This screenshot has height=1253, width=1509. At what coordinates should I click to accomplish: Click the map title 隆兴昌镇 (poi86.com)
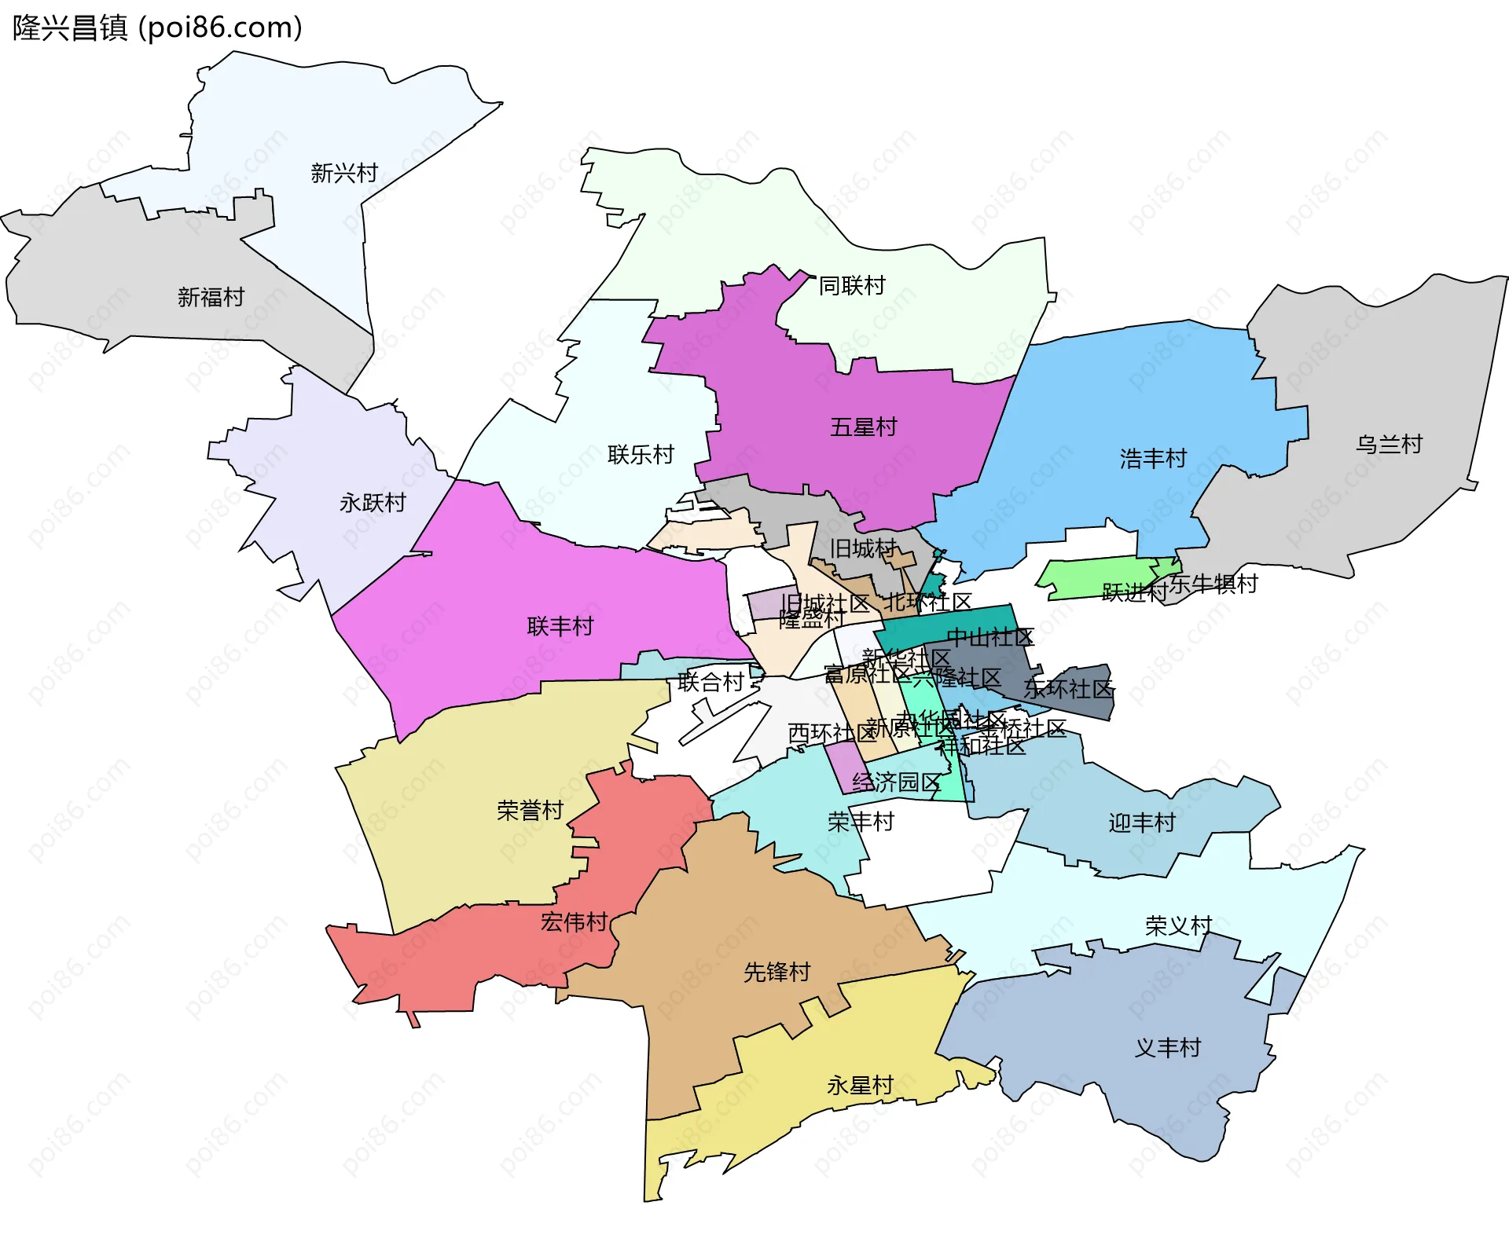pos(157,28)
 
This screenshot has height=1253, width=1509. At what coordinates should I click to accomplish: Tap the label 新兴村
pos(344,173)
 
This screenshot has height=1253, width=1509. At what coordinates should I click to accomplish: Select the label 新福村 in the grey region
pos(211,297)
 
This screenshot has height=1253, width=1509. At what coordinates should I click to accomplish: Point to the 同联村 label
pos(852,285)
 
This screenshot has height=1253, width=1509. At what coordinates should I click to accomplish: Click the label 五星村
pos(863,427)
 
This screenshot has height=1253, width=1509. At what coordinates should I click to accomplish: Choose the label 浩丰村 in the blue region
pos(1153,459)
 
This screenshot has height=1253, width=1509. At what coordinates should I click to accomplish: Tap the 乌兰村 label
pos(1389,445)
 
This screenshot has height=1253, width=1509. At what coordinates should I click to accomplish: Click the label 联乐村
pos(641,455)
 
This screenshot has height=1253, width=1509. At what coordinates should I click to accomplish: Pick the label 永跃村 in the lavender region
pos(373,503)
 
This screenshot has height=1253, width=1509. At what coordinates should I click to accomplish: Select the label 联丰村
pos(560,627)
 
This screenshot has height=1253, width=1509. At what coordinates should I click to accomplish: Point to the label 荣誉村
pos(530,811)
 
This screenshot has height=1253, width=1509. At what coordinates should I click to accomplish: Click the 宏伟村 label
pos(574,922)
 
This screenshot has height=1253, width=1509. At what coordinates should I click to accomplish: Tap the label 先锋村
pos(777,973)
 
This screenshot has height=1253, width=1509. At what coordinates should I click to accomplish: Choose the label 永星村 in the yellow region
pos(860,1086)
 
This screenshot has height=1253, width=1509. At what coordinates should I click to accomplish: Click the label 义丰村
pos(1167,1048)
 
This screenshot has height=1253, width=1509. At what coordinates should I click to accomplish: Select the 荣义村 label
pos(1178,926)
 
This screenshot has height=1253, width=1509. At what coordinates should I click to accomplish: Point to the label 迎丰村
pos(1141,823)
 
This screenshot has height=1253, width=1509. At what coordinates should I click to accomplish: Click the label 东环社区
pos(1068,689)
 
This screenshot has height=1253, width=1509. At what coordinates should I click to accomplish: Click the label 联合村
pos(710,682)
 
